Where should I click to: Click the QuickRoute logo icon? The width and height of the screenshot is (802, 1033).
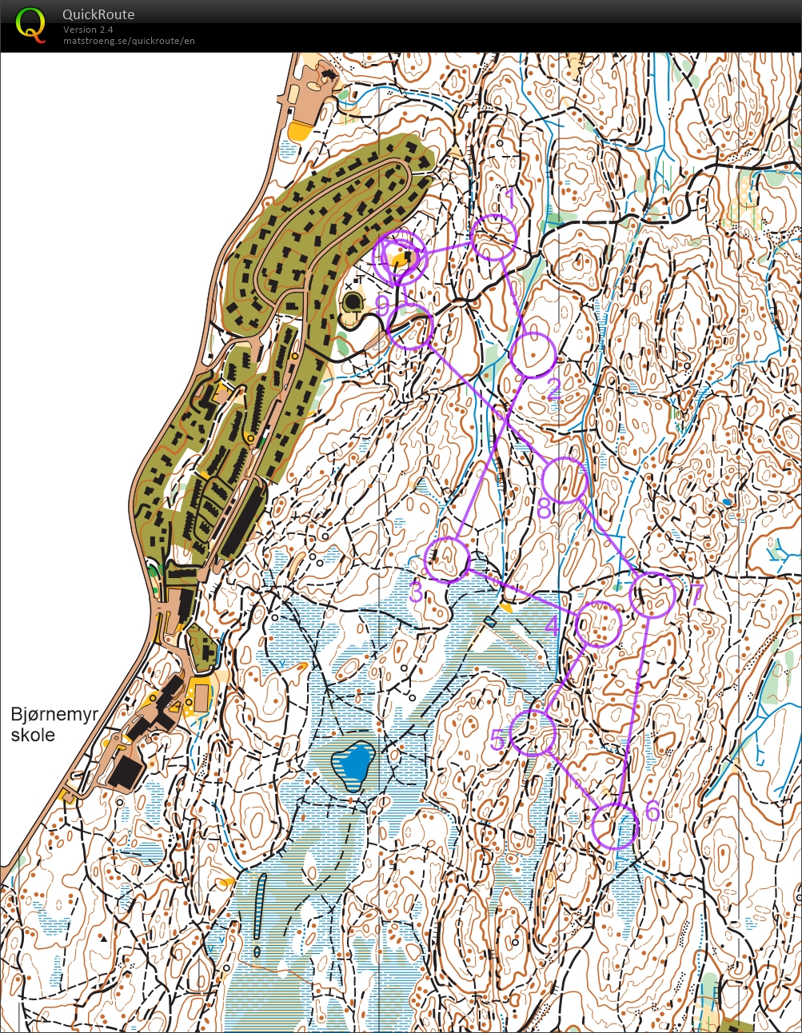pos(30,24)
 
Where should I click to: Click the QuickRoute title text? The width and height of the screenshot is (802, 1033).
pos(98,14)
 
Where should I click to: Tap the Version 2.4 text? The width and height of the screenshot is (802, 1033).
pos(89,30)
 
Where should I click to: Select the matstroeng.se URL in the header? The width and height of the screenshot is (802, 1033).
pos(129,41)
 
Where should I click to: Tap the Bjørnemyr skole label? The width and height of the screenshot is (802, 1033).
pos(54,724)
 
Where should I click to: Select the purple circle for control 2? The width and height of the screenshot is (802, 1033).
pos(533,354)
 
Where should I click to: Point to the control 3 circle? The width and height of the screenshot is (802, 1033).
pos(447,559)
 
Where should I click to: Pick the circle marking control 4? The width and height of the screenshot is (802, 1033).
pos(599,624)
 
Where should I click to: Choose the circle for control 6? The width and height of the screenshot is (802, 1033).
pos(616,826)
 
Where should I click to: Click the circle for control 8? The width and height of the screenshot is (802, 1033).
pos(565,481)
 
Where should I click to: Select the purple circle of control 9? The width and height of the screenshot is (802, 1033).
pos(410,327)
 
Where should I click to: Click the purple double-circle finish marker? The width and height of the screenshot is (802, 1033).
pos(400,257)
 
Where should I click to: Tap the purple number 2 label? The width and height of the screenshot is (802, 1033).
pos(553,389)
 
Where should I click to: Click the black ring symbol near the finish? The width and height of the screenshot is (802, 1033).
pos(353,303)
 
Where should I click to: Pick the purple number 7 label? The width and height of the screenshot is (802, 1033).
pos(696,594)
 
